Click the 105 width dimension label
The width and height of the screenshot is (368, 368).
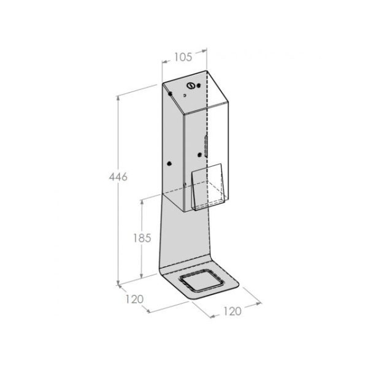pyautogui.click(x=183, y=57)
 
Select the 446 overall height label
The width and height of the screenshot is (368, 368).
pyautogui.click(x=118, y=177)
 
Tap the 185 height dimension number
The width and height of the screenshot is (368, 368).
pyautogui.click(x=142, y=238)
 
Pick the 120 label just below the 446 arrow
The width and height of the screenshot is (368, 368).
pyautogui.click(x=134, y=299)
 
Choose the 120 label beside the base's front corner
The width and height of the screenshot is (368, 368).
pyautogui.click(x=232, y=311)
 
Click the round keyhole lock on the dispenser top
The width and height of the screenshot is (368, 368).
pyautogui.click(x=191, y=86)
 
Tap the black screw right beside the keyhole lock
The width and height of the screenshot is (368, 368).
pyautogui.click(x=199, y=85)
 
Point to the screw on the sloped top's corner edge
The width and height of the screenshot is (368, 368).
pyautogui.click(x=170, y=94)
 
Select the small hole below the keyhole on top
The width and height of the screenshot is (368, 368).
pyautogui.click(x=185, y=95)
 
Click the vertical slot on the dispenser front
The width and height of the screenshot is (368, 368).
pyautogui.click(x=206, y=146)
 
